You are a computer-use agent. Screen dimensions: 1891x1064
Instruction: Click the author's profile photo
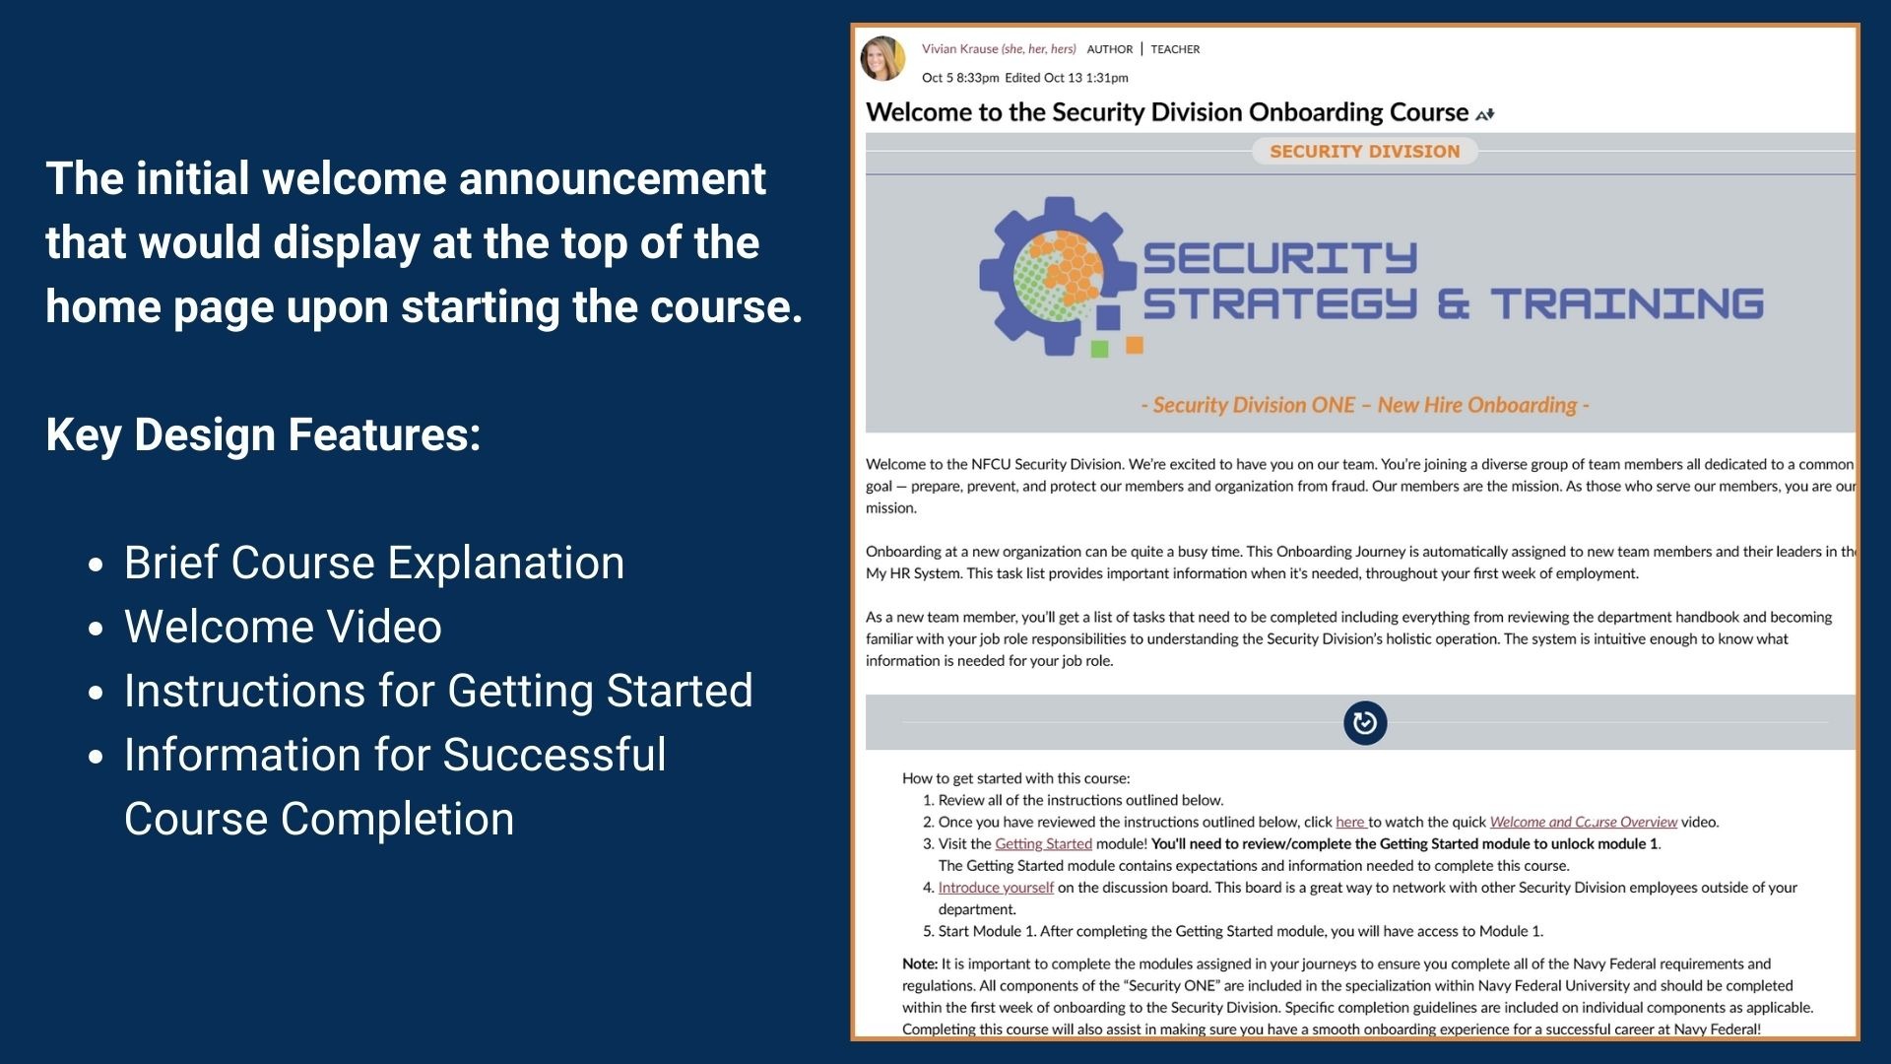point(882,58)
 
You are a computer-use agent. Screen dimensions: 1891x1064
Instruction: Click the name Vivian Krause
point(960,49)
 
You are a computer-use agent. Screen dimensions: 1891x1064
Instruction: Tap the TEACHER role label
point(1175,49)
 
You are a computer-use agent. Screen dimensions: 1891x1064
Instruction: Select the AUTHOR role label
point(1110,49)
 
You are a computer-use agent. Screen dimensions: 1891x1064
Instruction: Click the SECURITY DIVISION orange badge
point(1364,152)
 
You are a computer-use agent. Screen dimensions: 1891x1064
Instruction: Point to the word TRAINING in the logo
point(1626,303)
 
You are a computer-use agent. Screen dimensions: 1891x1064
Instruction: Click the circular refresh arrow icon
point(1365,723)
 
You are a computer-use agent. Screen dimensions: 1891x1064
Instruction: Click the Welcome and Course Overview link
point(1583,822)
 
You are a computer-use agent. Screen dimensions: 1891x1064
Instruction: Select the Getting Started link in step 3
point(1043,843)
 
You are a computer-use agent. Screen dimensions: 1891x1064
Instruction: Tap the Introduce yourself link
point(996,888)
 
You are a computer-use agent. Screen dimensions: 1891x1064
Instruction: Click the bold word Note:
point(919,964)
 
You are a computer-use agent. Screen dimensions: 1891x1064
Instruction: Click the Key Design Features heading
point(263,434)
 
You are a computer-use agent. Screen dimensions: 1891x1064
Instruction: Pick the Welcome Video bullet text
point(283,627)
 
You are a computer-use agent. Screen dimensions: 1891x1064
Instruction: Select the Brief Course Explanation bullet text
point(374,563)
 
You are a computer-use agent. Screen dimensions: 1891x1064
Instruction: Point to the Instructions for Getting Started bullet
point(438,691)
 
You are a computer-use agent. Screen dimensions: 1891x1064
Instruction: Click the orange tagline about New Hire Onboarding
point(1364,405)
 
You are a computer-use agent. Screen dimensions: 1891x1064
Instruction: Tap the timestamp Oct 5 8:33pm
point(960,78)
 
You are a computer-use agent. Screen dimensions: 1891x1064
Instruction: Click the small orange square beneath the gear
point(1135,345)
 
